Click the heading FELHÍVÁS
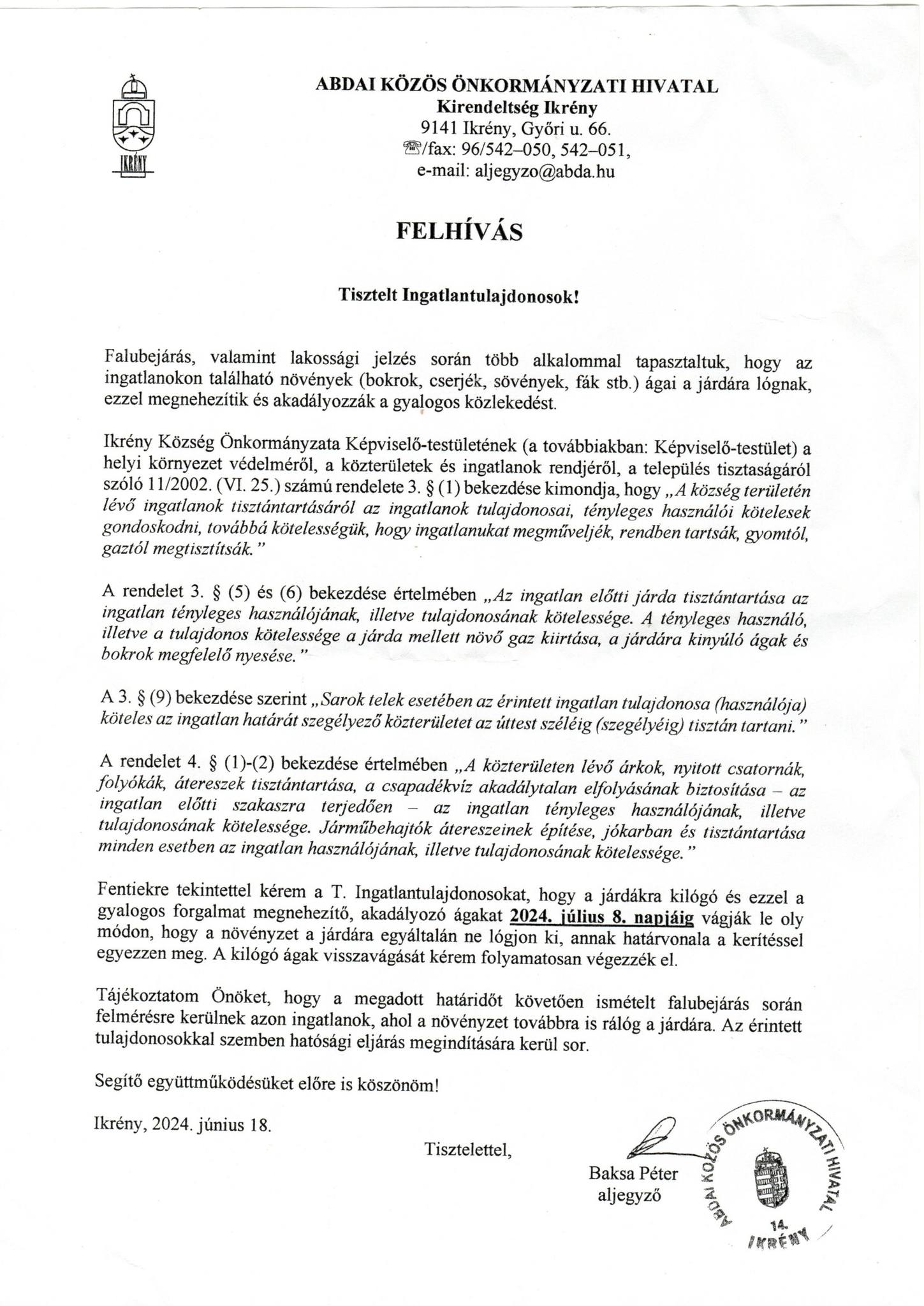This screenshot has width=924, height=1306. [459, 231]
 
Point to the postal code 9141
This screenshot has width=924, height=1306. [437, 129]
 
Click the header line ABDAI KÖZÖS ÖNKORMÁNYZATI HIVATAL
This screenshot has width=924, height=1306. [517, 86]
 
